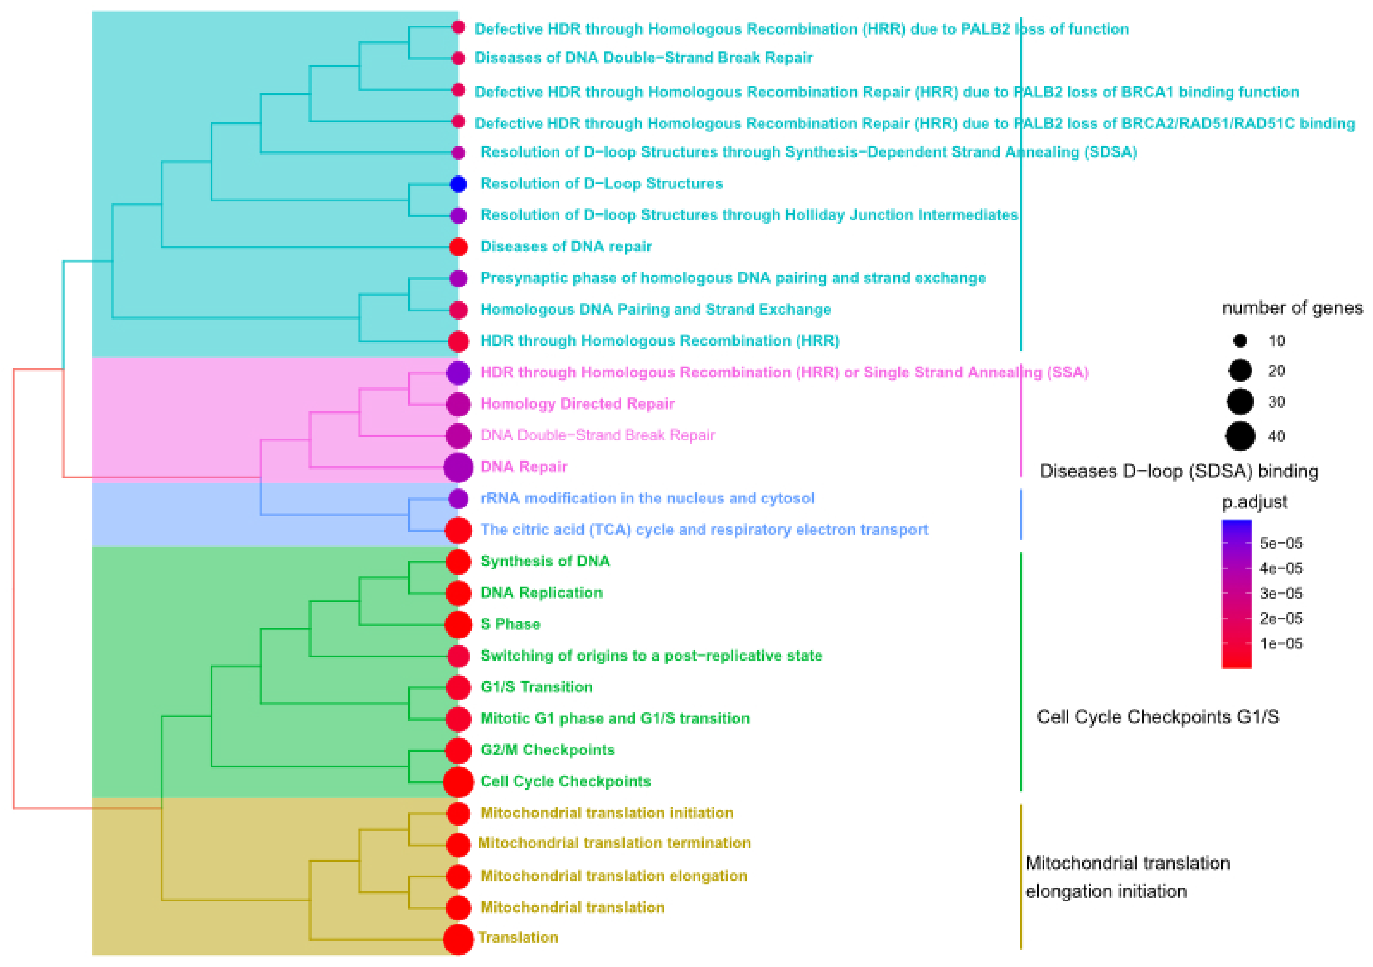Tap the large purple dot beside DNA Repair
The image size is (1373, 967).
point(458,467)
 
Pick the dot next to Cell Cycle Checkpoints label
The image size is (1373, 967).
point(458,782)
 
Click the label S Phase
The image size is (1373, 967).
point(510,624)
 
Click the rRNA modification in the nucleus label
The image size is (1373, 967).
point(647,499)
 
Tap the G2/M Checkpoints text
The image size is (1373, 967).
point(547,750)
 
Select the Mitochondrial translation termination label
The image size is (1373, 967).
point(614,843)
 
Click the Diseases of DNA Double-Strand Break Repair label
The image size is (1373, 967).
point(643,58)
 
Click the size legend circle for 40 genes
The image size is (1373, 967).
point(1240,436)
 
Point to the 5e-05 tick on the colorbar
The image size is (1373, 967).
point(1280,543)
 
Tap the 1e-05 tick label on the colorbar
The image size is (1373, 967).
point(1280,644)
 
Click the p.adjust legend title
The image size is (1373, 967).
point(1254,502)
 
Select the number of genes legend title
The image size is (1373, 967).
point(1292,308)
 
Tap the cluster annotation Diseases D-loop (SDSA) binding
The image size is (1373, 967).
point(1178,471)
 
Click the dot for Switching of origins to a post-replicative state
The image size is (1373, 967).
point(458,656)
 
